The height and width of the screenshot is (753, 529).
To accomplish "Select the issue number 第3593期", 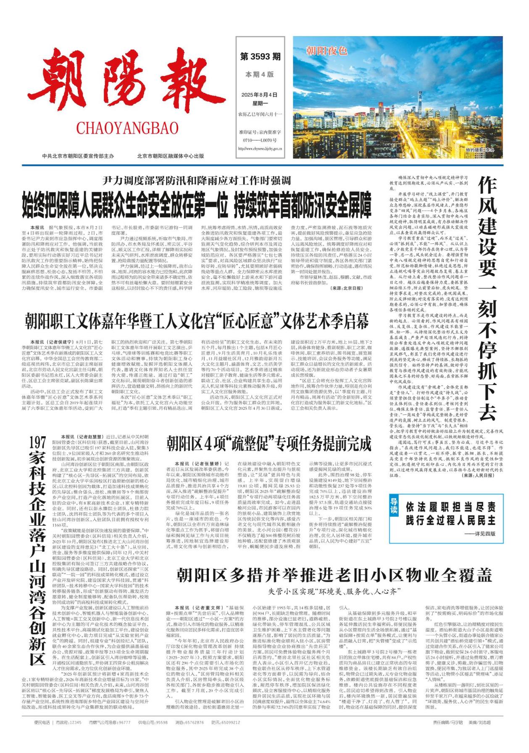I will [x=260, y=56].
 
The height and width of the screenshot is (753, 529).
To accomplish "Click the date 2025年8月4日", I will [x=260, y=95].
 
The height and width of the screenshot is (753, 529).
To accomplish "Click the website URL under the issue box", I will [x=260, y=148].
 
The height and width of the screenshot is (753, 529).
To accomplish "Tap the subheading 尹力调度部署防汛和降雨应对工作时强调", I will [x=197, y=181].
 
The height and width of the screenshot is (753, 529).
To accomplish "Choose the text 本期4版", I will [x=260, y=74].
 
